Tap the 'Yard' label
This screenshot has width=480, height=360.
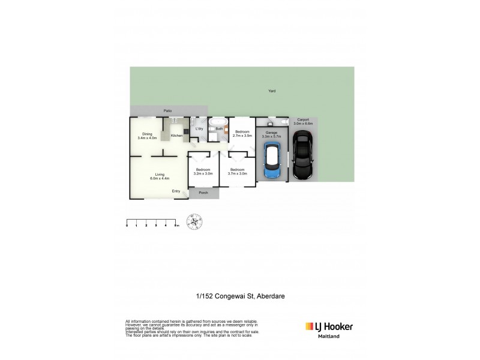tap(272, 91)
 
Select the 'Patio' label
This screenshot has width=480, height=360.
tap(168, 111)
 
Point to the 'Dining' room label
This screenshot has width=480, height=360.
tap(147, 134)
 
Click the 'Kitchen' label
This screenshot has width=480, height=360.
tap(176, 136)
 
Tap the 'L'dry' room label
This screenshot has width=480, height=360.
tap(200, 129)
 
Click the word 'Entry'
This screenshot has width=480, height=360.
tap(176, 191)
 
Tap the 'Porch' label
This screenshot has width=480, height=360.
tap(203, 193)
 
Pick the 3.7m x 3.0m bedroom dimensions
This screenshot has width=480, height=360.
tap(237, 173)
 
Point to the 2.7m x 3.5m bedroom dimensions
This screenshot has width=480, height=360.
tap(242, 136)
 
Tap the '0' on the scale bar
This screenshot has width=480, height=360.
tap(127, 226)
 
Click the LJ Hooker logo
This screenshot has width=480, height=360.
tap(329, 327)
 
